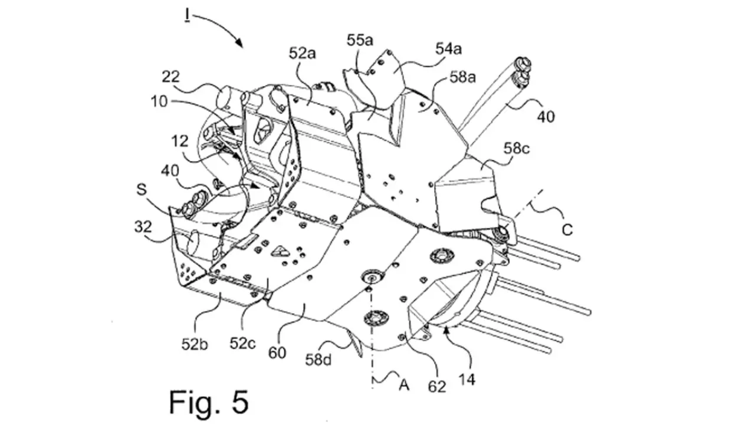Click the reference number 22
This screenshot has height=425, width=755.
[170, 77]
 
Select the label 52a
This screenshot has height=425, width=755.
[302, 54]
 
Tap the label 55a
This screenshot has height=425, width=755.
[360, 41]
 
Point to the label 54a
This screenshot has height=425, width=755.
[449, 49]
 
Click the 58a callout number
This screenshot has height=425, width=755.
[463, 77]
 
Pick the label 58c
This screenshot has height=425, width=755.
[517, 148]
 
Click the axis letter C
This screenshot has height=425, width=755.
[567, 230]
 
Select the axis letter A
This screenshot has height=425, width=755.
[404, 385]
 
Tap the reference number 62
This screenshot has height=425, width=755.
[437, 387]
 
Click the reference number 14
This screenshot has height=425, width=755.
[467, 380]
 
